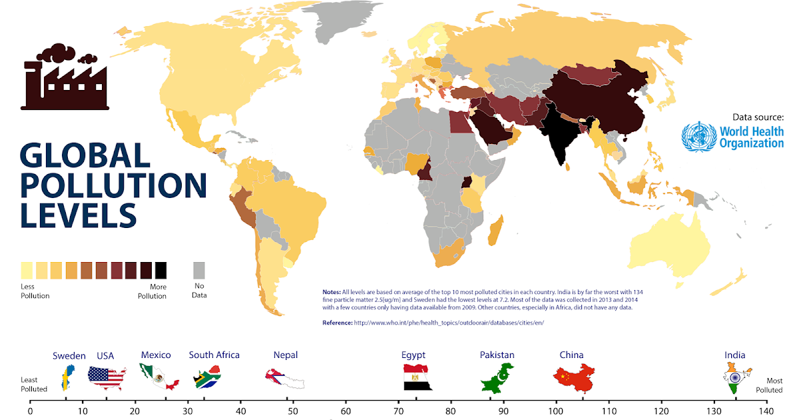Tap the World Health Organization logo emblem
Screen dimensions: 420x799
[697, 136]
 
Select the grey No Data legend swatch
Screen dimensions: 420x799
[199, 270]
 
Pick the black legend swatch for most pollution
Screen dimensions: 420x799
[160, 270]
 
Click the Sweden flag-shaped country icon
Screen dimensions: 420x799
[67, 378]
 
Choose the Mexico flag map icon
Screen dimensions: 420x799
[158, 378]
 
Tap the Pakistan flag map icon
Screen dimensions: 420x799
[498, 377]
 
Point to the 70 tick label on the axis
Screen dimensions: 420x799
[398, 411]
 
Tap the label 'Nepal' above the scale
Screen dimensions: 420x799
[286, 355]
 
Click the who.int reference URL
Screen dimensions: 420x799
[449, 323]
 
